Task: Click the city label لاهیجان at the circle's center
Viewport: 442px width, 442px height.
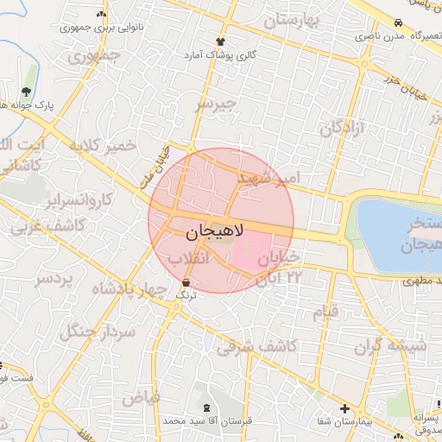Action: coord(215,232)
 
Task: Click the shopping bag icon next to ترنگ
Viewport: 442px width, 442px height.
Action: coord(186,282)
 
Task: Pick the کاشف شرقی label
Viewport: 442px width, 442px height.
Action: coord(256,347)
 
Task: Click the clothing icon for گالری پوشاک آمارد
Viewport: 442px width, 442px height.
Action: coord(221,41)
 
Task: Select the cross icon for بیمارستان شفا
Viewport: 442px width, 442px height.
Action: coord(344,408)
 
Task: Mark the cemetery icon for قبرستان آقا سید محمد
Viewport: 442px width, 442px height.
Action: coord(205,407)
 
